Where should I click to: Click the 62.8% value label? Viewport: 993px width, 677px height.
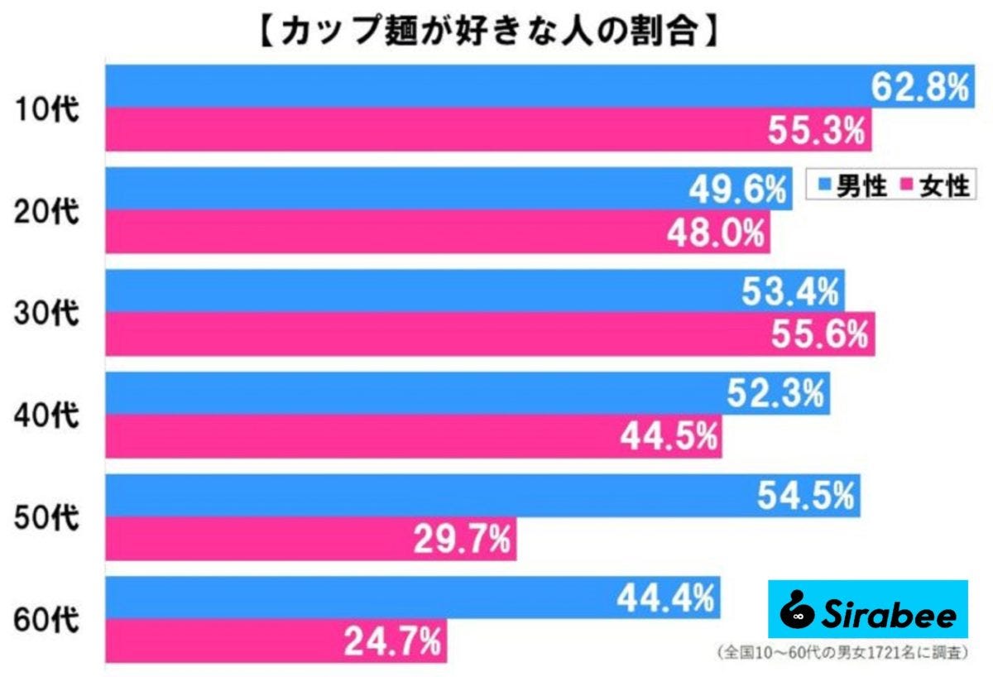[x=919, y=87]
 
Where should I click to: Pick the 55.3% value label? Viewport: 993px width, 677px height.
[x=819, y=130]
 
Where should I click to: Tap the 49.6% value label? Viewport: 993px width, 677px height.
[x=736, y=191]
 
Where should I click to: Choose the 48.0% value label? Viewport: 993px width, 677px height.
[x=716, y=233]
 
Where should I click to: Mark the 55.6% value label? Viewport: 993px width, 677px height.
[x=821, y=334]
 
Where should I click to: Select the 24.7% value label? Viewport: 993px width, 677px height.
[x=392, y=641]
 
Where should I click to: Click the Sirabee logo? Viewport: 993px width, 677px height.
[x=867, y=609]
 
